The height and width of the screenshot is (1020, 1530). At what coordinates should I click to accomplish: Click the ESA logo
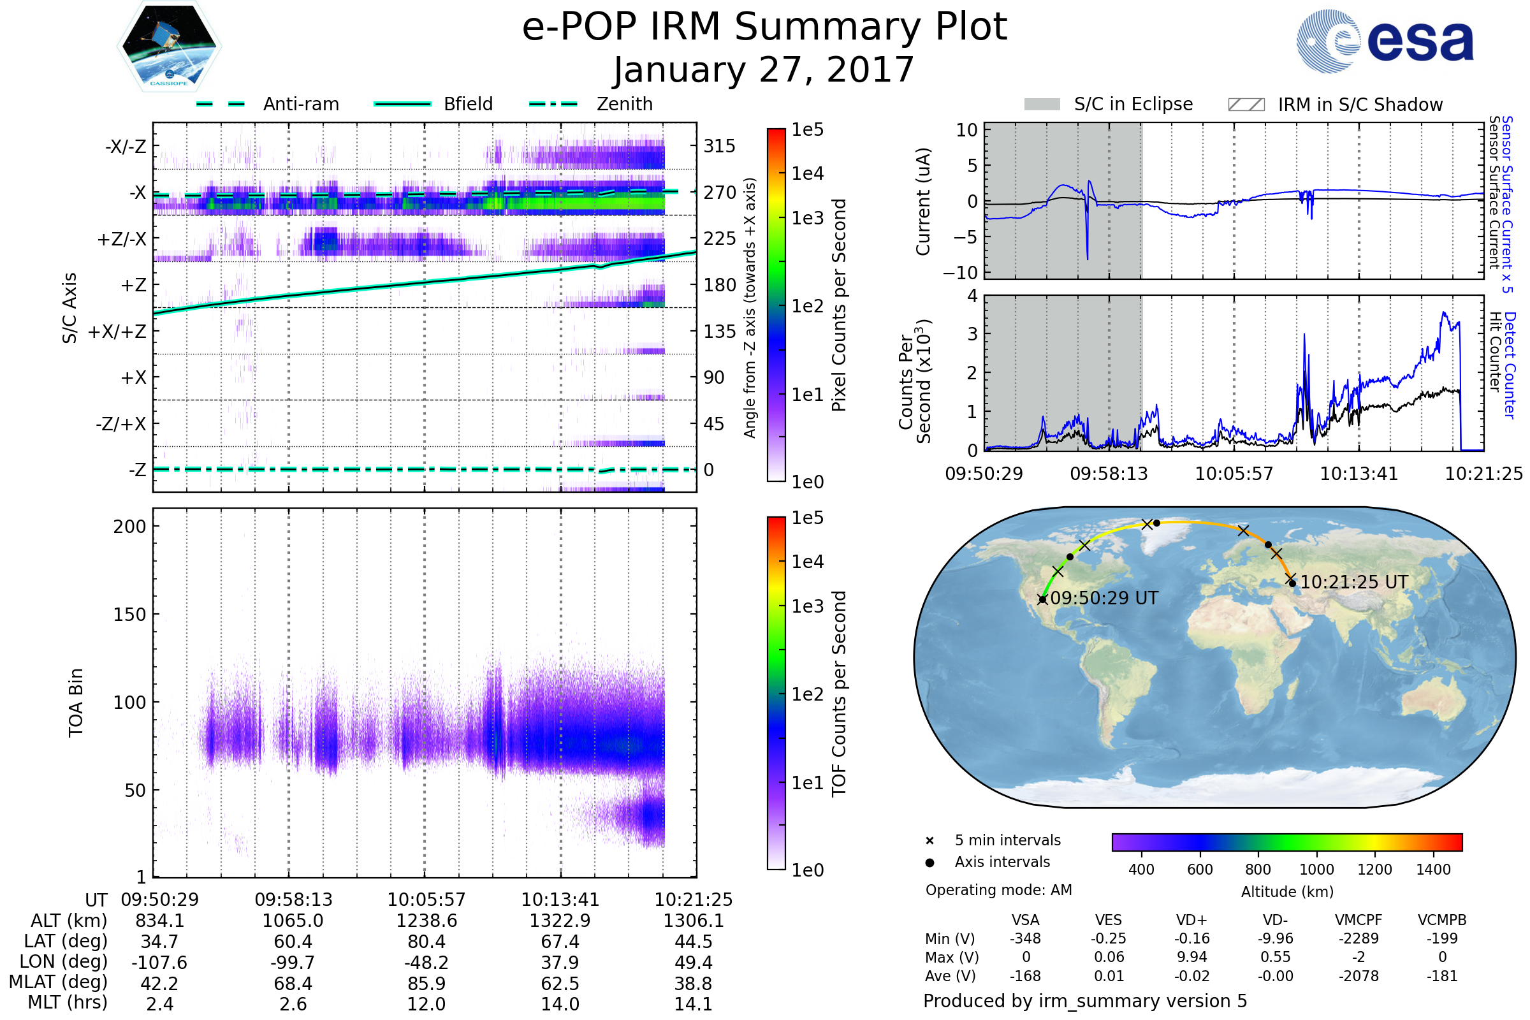(x=1385, y=41)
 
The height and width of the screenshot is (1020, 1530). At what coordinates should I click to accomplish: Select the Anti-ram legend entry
(x=300, y=104)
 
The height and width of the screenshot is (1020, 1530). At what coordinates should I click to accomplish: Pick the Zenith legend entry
(x=624, y=104)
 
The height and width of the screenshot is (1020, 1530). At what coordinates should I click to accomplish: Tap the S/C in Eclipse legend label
(x=1133, y=104)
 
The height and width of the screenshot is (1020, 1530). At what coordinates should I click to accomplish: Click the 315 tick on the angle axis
(x=720, y=146)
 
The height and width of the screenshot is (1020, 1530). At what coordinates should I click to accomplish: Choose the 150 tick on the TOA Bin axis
(x=129, y=615)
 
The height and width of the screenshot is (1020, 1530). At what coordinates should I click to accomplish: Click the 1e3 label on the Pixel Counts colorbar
(x=807, y=219)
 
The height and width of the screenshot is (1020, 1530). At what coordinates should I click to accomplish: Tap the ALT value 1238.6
(x=426, y=921)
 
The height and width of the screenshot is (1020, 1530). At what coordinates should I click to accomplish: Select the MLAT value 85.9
(x=426, y=984)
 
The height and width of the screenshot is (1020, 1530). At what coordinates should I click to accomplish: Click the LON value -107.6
(x=159, y=963)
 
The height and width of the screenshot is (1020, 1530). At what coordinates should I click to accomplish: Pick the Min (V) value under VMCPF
(x=1359, y=938)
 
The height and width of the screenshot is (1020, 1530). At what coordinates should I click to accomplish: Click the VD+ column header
(x=1191, y=921)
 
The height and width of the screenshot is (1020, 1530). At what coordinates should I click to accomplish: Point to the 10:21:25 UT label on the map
(x=1353, y=582)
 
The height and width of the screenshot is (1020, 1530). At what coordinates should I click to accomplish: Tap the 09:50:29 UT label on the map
(x=1104, y=599)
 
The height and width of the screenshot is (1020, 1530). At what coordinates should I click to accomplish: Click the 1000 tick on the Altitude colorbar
(x=1316, y=870)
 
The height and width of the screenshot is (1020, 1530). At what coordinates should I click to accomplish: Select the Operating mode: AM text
(x=998, y=890)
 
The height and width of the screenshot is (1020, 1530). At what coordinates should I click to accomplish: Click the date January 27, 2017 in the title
(x=764, y=70)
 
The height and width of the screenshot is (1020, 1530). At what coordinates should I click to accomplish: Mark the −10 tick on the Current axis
(x=960, y=273)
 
